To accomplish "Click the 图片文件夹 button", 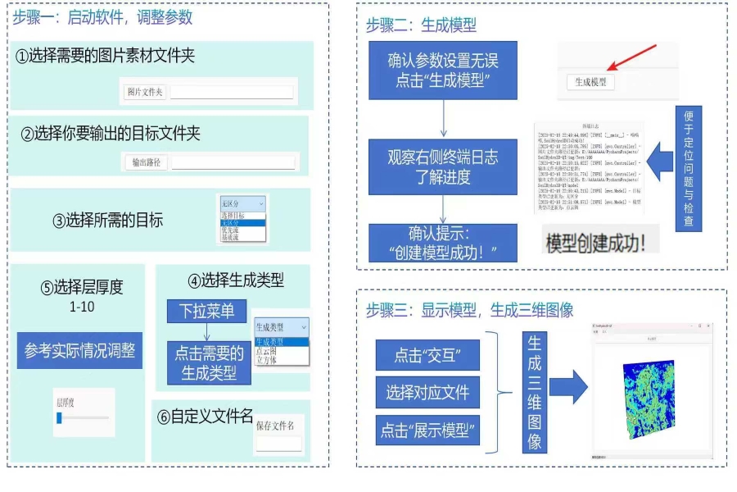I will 144,92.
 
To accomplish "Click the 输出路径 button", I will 146,162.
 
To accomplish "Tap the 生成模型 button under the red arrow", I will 590,82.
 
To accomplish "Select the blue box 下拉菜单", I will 206,312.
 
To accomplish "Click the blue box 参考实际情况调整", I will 79,351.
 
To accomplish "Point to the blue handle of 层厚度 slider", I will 59,418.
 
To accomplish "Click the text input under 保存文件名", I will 278,443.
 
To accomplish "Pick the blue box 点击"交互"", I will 427,355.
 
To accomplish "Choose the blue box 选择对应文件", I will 427,393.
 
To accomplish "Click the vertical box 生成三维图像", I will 534,392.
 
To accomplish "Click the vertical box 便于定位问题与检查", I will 688,168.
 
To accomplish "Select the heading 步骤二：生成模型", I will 421,25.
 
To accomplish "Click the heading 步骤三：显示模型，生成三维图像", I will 469,310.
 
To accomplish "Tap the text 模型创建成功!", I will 596,243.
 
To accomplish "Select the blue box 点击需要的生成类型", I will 209,363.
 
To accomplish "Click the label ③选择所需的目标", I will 107,220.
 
